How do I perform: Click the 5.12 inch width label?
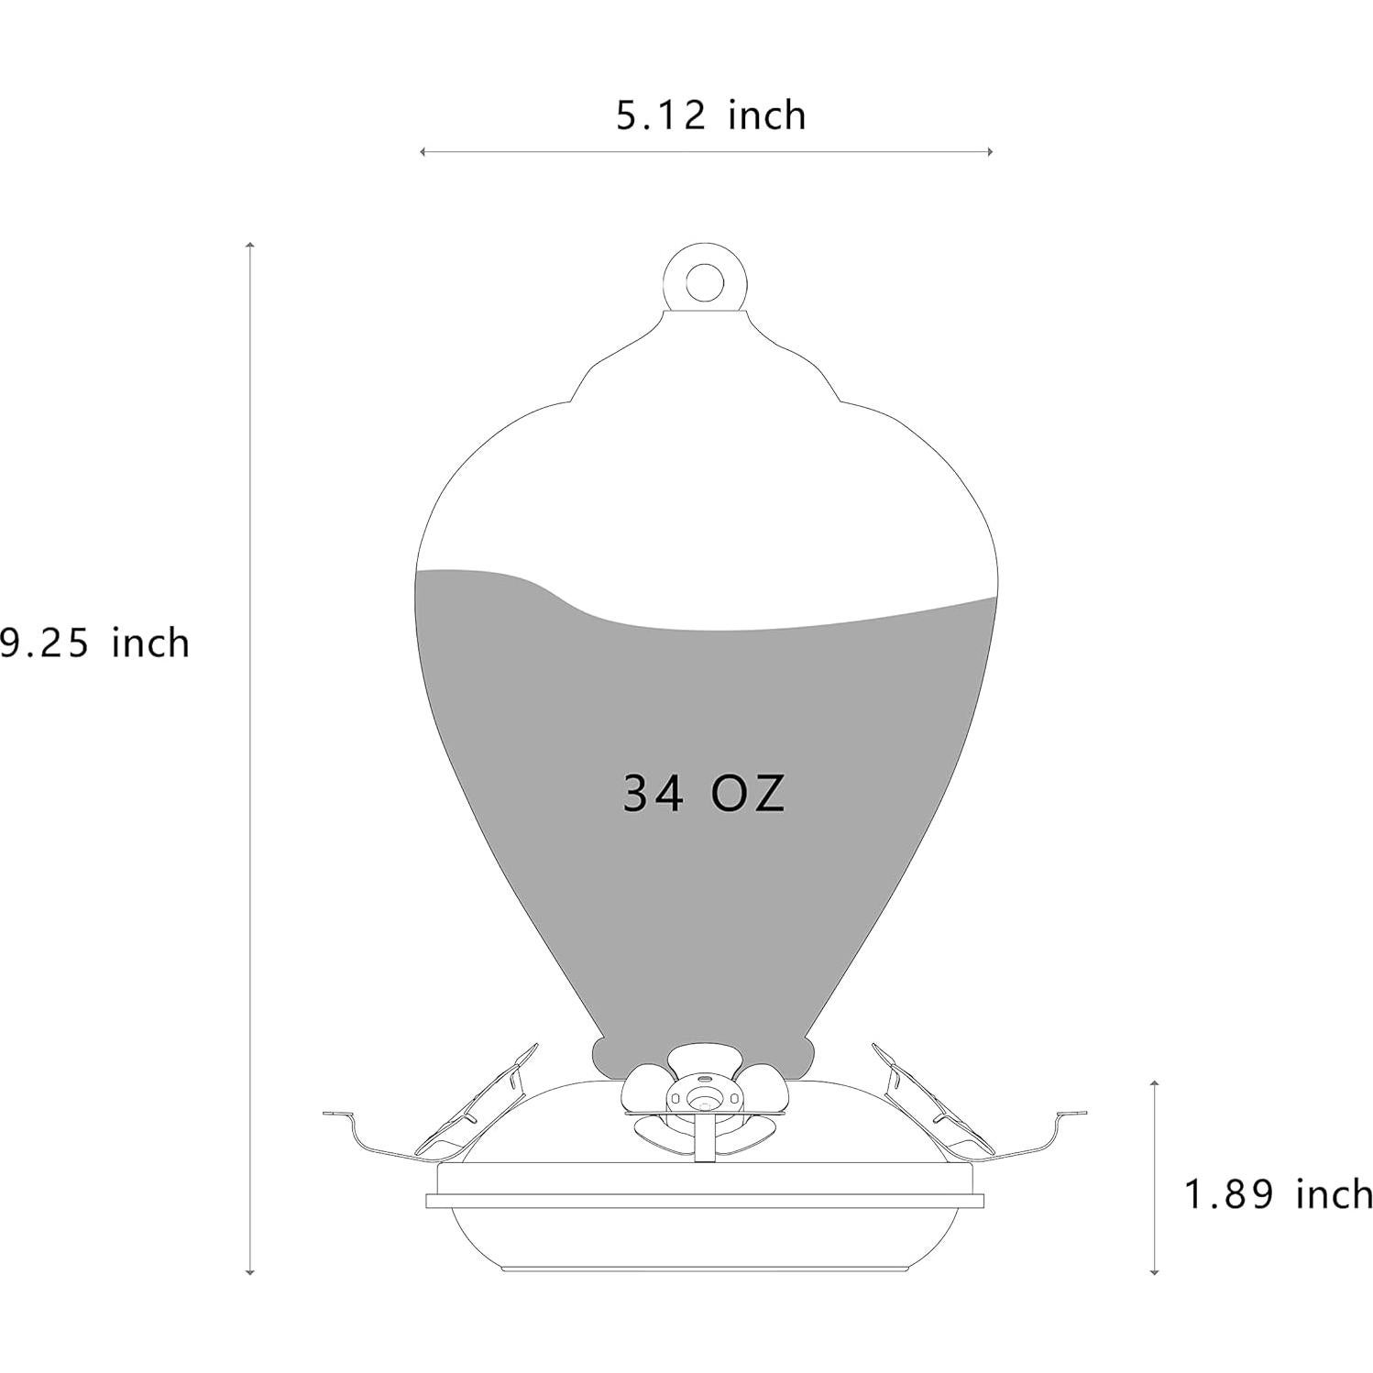click(x=710, y=116)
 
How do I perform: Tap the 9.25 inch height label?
click(x=94, y=643)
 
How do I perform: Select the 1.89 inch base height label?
click(x=1279, y=1195)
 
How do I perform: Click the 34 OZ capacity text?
click(x=704, y=794)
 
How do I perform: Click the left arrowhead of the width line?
click(x=422, y=151)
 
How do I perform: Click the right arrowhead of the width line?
click(x=990, y=151)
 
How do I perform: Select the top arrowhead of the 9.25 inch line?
click(x=249, y=246)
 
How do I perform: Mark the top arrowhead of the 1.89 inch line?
click(x=1154, y=1084)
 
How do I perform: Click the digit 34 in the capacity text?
click(x=654, y=794)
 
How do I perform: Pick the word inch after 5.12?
click(x=767, y=116)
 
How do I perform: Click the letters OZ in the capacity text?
click(x=749, y=794)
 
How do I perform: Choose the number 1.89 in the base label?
click(x=1229, y=1195)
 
